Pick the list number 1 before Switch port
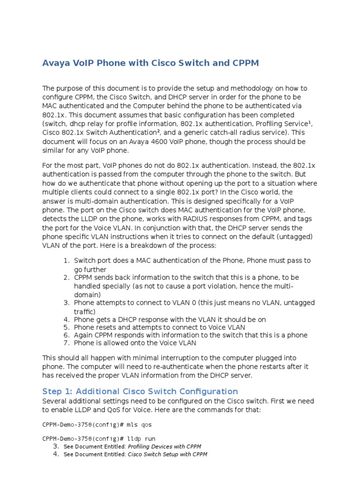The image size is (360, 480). click(67, 260)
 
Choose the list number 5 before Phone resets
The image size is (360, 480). click(67, 327)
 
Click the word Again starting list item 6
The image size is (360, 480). click(84, 335)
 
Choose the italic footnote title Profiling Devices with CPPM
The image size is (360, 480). click(164, 446)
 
